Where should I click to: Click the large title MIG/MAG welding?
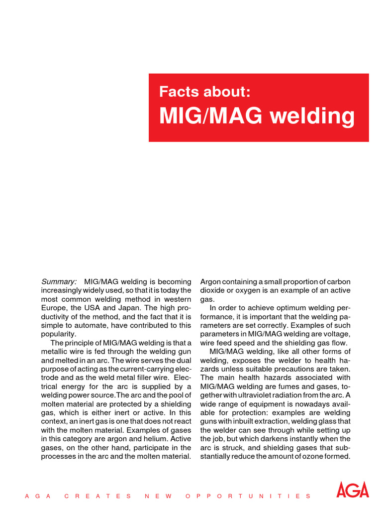point(257,116)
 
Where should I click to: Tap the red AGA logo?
point(353,490)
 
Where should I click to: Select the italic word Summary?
point(58,281)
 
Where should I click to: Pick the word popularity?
point(59,334)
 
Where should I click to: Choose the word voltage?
point(337,334)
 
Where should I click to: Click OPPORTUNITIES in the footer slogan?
point(248,496)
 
